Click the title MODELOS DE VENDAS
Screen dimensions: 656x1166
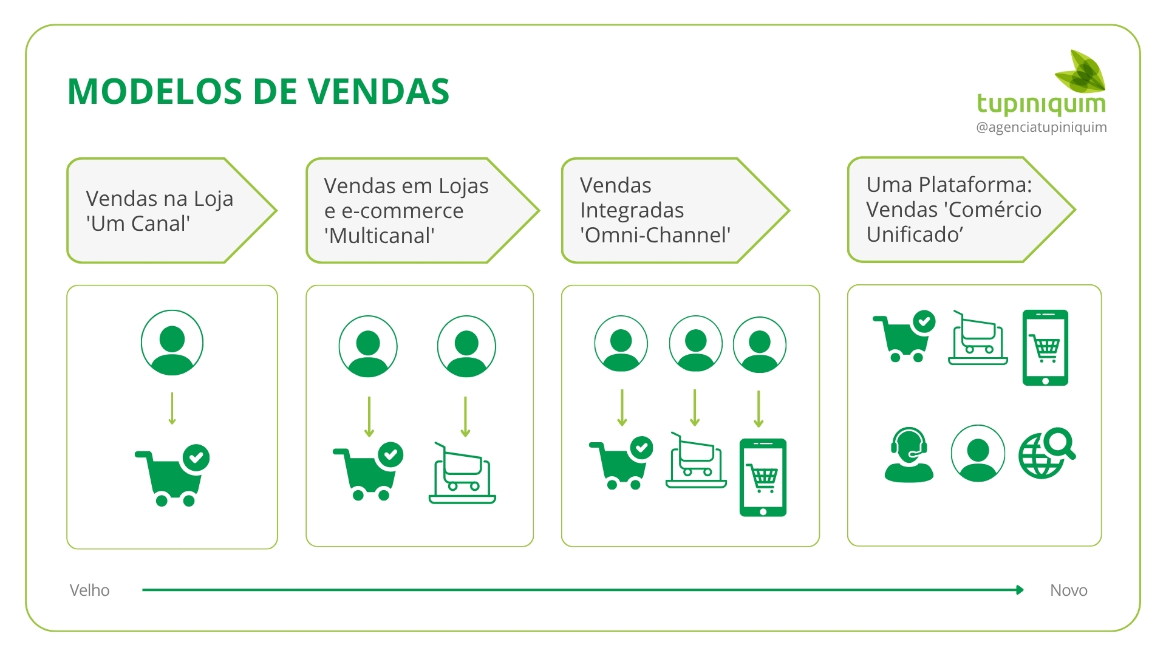[258, 92]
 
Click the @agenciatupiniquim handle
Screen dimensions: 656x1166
[1041, 128]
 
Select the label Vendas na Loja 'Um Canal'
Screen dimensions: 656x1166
[159, 211]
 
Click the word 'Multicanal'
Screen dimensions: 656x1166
[380, 236]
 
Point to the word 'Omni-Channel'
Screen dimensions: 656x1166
[655, 235]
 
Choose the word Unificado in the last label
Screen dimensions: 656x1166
[914, 234]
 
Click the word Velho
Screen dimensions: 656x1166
[89, 590]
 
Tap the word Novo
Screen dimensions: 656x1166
[1068, 590]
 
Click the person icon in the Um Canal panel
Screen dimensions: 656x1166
[172, 343]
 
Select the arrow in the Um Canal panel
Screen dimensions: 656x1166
[172, 408]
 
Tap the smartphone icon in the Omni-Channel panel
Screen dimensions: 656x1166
[763, 477]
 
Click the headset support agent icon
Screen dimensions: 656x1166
[909, 455]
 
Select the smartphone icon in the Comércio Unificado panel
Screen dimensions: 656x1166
[1045, 347]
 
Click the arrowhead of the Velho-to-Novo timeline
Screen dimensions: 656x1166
[1020, 590]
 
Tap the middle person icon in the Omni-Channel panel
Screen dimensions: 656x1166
[695, 343]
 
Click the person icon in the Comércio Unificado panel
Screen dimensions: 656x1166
[977, 453]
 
